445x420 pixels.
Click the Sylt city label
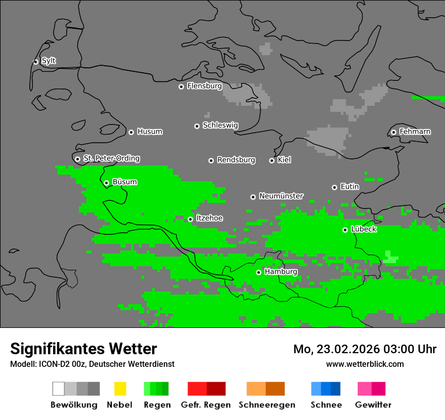coord(49,61)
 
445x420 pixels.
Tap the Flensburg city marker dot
coord(181,87)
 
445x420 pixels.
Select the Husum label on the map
coord(150,132)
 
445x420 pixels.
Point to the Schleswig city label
coord(220,125)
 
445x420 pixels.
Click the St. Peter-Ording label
coord(111,158)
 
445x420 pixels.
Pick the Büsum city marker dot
coord(106,183)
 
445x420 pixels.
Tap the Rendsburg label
coord(236,160)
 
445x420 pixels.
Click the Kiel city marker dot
coord(272,160)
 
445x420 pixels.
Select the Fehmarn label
coord(415,132)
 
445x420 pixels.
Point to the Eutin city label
coord(349,187)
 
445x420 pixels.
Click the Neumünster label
coord(281,196)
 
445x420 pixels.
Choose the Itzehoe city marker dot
coord(190,219)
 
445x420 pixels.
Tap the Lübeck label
coord(364,229)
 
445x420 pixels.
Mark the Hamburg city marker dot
coord(258,272)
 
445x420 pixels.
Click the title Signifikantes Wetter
coord(83,349)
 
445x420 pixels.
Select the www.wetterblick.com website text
coord(365,364)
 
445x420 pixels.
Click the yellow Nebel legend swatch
coord(120,389)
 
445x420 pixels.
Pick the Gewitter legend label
coord(373,405)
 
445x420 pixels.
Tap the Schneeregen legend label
coord(266,405)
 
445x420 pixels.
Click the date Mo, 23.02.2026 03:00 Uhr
coord(365,349)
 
